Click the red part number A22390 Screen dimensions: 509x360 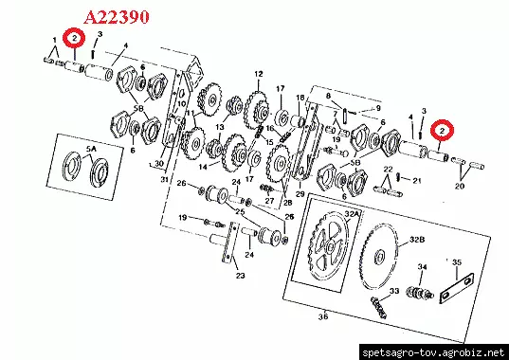[x=117, y=17]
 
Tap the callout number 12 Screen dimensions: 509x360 [x=259, y=74]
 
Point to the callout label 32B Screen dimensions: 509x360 [x=417, y=240]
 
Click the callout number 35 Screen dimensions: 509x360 [x=457, y=262]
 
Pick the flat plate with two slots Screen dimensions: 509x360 [x=457, y=288]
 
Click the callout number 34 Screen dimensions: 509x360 [x=422, y=267]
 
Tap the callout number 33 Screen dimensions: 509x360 [x=394, y=291]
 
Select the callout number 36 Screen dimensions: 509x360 [x=323, y=316]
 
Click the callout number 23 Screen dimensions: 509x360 [x=240, y=276]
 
